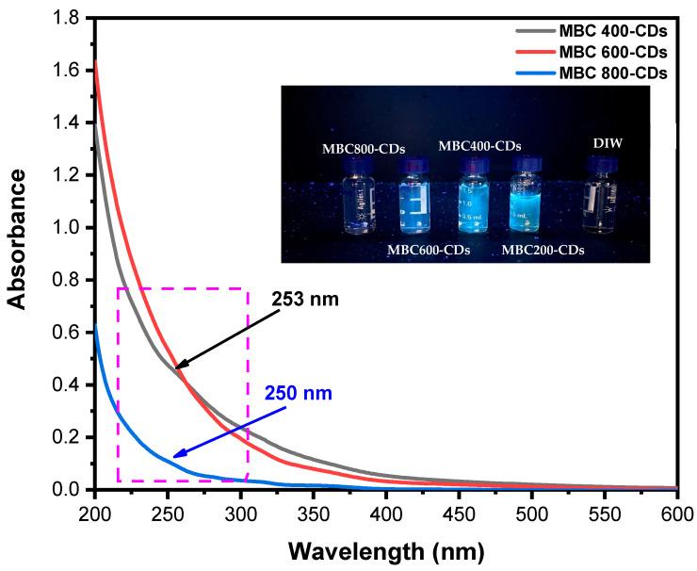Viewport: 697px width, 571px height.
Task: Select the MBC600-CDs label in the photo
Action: coord(428,250)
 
